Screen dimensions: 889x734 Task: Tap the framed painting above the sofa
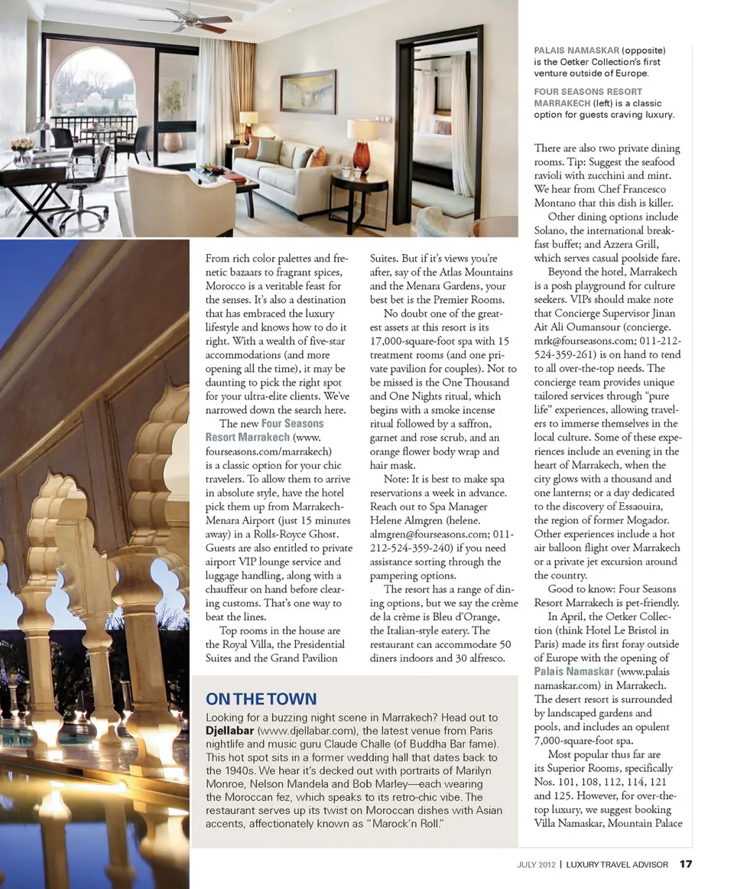click(x=307, y=91)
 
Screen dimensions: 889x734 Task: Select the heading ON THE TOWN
click(x=261, y=698)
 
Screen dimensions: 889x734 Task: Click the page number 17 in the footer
click(x=686, y=865)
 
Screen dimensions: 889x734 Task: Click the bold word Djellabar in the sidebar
click(x=230, y=731)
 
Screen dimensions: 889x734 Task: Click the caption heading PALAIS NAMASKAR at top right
click(x=576, y=50)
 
